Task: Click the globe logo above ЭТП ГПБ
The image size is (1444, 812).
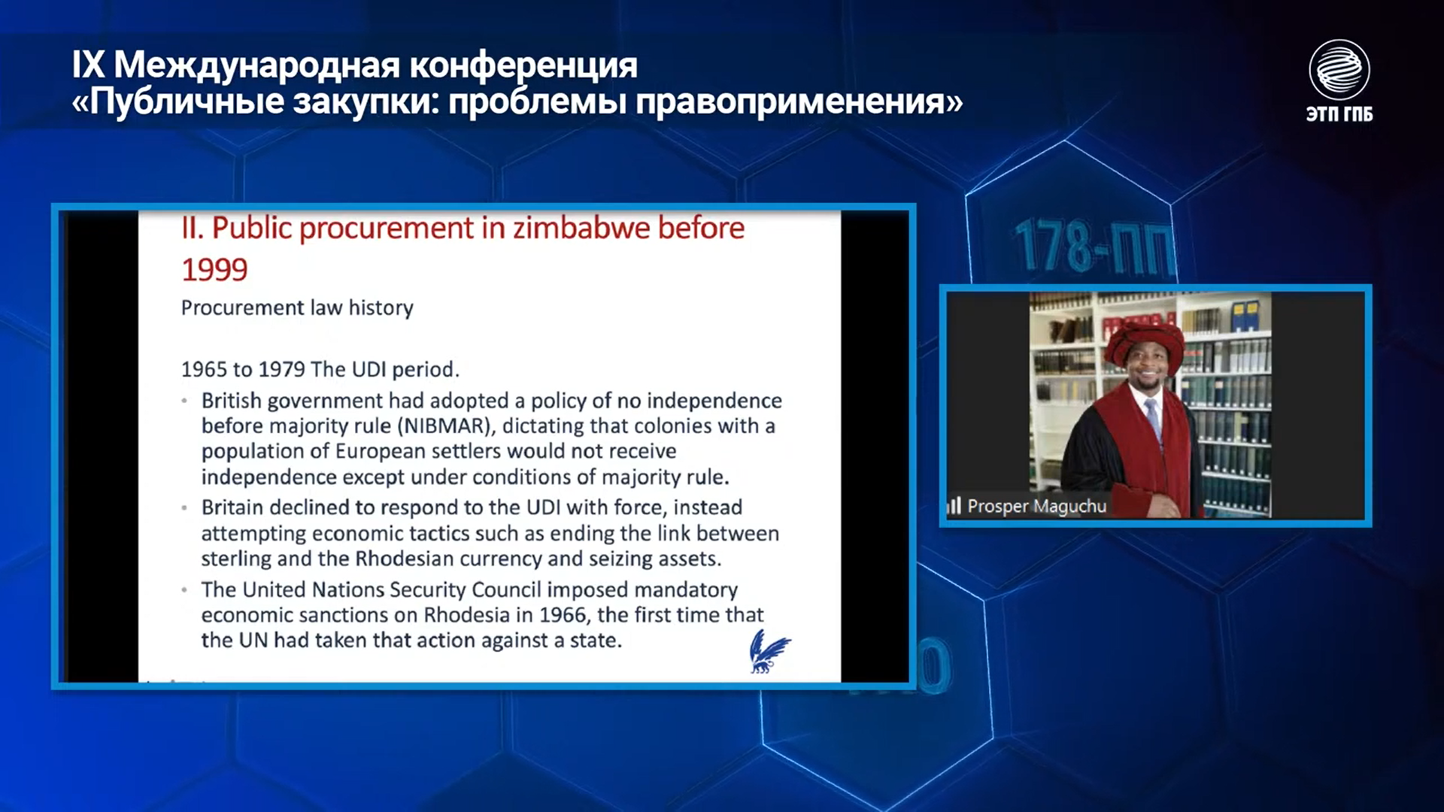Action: [1339, 70]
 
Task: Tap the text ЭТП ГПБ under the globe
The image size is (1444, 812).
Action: [1339, 114]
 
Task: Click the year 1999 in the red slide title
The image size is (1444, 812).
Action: [214, 270]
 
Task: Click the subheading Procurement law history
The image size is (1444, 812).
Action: [297, 308]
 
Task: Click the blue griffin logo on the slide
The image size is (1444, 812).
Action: [769, 651]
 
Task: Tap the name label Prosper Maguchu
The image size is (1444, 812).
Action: [1036, 506]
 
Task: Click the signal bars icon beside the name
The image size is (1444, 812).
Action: [954, 506]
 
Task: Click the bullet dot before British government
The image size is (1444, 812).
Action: [184, 401]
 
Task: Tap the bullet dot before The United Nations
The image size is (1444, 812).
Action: [184, 590]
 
